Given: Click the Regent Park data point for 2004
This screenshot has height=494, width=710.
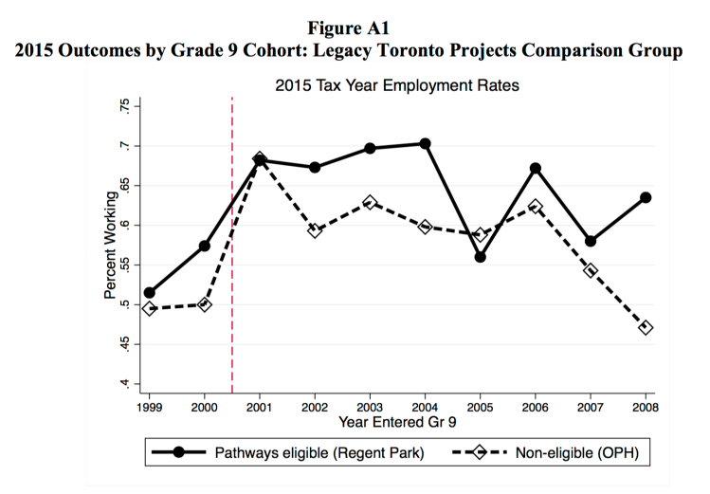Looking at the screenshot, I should coord(425,144).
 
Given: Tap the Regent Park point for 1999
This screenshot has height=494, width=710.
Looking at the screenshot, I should coord(149,293).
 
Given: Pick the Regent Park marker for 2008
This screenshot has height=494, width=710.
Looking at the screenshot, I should coord(646,197).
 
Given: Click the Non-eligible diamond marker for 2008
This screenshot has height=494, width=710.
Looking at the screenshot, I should coord(646,327).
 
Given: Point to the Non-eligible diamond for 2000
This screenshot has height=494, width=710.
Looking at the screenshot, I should coord(204,304).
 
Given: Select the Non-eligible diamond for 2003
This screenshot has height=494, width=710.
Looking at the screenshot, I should coord(370,202).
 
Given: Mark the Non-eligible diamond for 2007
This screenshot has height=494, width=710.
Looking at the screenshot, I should coord(591,270).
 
